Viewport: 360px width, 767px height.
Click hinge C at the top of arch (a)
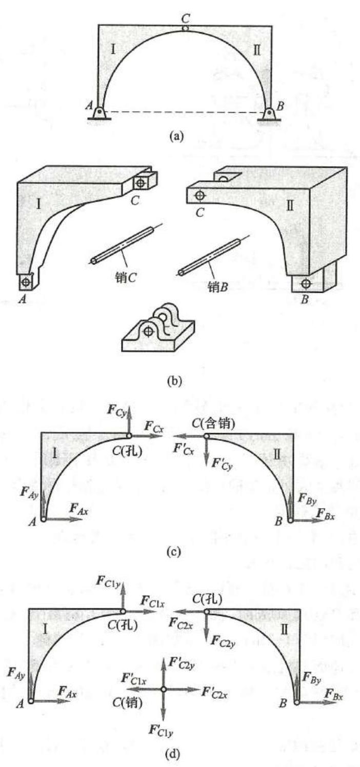(185, 28)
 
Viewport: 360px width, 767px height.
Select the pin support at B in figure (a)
(270, 114)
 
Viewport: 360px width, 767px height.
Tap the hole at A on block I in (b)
(25, 282)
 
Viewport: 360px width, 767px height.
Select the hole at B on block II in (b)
(306, 284)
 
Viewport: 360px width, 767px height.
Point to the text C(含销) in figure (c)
(213, 424)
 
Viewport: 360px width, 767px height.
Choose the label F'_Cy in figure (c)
(222, 465)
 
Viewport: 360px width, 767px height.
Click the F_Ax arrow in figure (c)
(64, 519)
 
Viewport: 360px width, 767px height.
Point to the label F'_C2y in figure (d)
(182, 663)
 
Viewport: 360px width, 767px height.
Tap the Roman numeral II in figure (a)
(256, 50)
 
